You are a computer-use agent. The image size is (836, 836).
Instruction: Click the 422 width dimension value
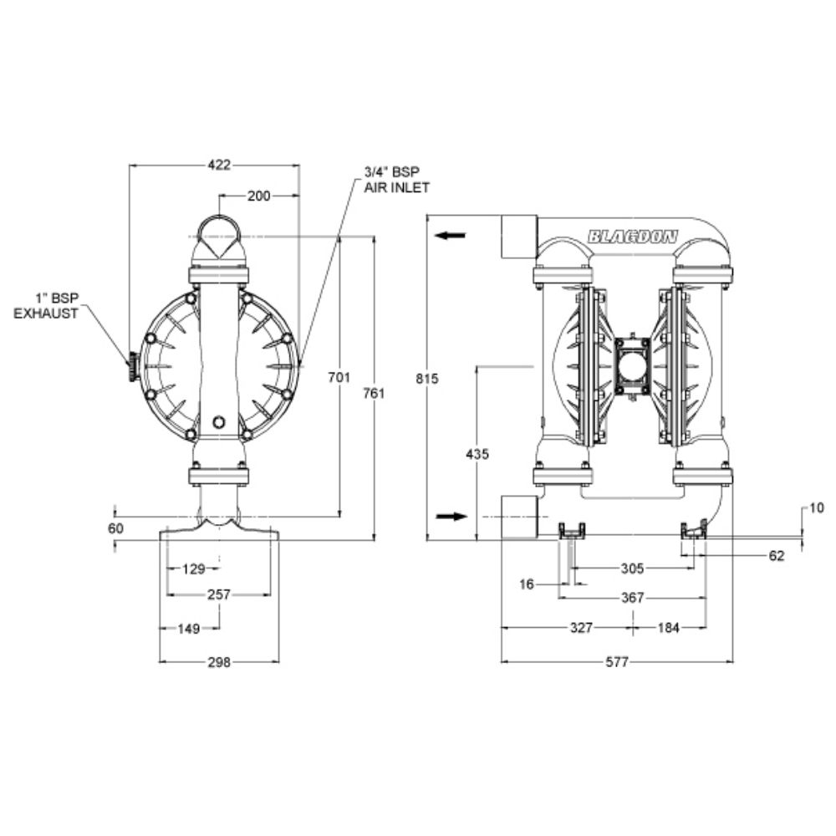(x=218, y=165)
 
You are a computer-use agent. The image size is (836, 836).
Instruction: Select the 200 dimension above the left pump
(x=259, y=196)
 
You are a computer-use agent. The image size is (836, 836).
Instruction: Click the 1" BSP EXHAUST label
(x=56, y=305)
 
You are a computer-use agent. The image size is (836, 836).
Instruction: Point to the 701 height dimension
(x=338, y=378)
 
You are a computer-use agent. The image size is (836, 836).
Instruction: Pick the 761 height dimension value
(x=374, y=393)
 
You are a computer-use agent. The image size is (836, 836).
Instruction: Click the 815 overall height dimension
(x=427, y=378)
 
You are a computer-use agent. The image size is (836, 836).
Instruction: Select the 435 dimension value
(x=478, y=453)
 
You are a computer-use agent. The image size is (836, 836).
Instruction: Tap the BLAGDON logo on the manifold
(x=633, y=237)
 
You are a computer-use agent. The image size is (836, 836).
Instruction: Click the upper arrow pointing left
(x=451, y=237)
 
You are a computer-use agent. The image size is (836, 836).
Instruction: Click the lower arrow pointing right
(x=451, y=517)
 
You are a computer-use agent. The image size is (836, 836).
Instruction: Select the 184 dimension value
(x=669, y=627)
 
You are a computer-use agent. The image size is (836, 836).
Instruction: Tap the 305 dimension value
(x=632, y=568)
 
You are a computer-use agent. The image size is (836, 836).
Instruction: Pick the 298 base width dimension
(x=218, y=661)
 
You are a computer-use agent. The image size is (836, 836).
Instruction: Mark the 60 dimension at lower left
(x=115, y=528)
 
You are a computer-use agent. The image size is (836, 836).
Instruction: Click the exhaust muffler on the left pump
(x=131, y=368)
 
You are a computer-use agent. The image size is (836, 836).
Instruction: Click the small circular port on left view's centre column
(x=219, y=421)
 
